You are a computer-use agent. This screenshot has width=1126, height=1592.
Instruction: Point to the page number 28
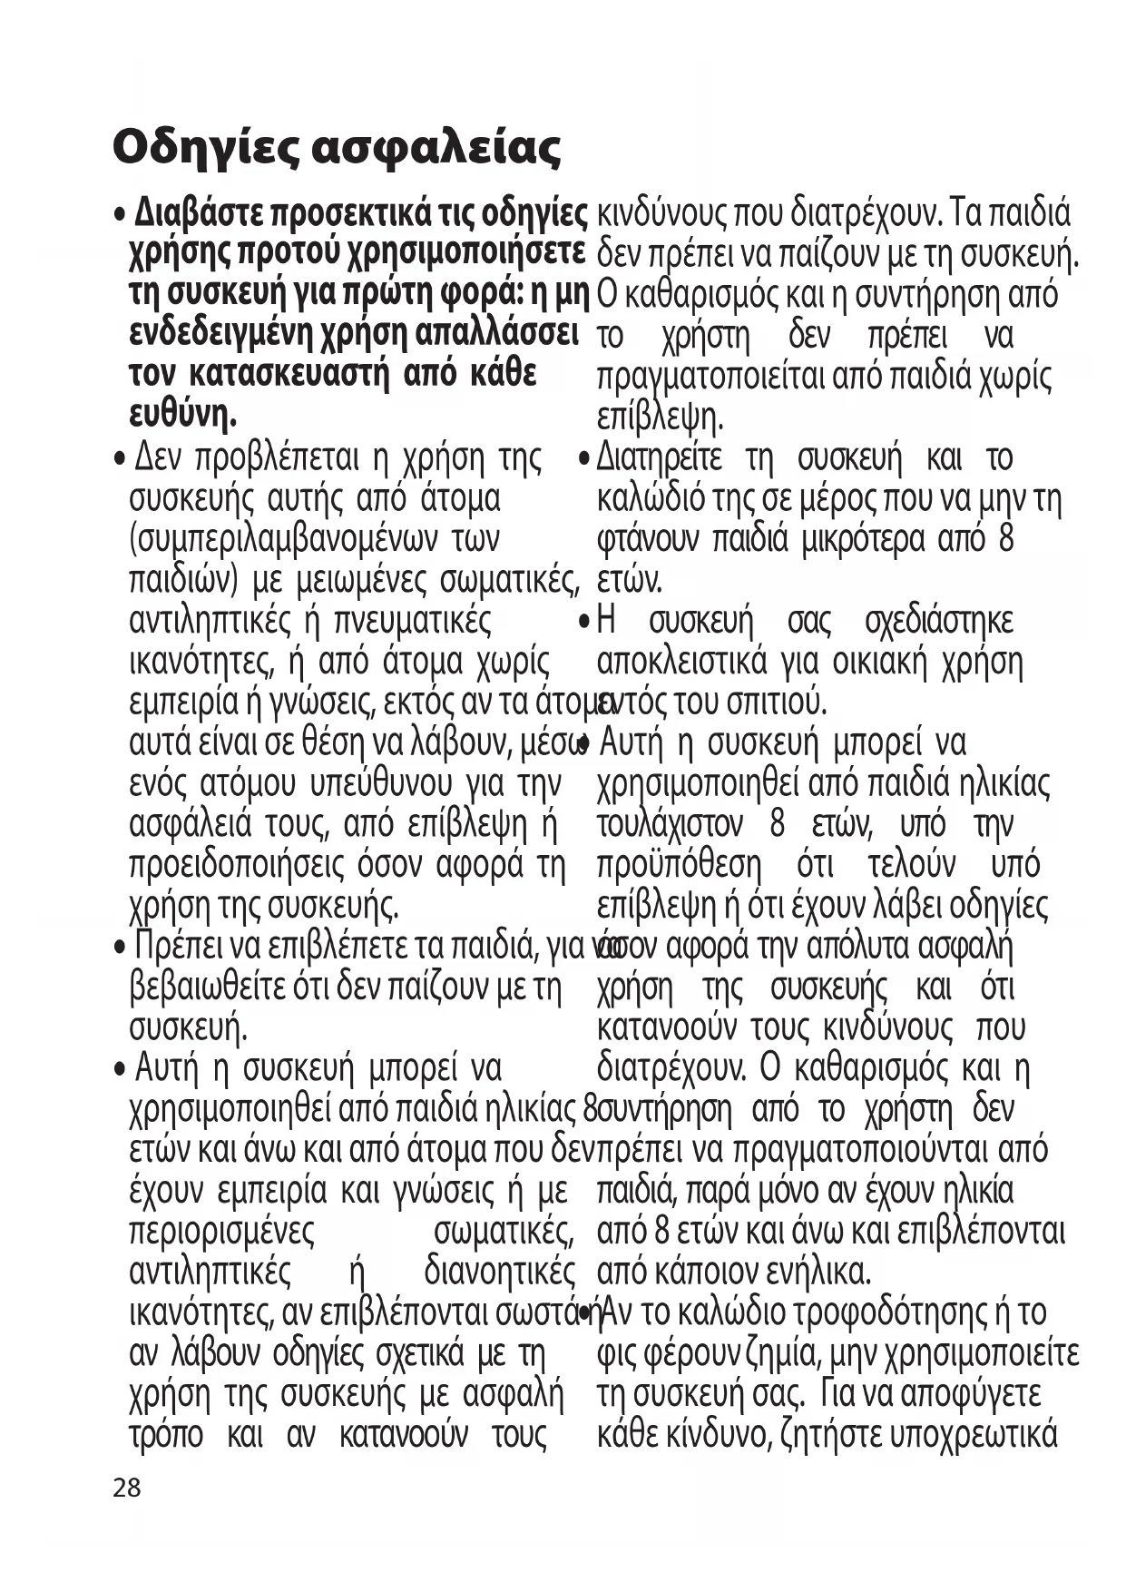(x=127, y=1488)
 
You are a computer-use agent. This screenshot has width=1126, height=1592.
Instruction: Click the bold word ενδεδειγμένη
(x=222, y=333)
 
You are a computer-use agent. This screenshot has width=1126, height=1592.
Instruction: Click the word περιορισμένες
(x=222, y=1232)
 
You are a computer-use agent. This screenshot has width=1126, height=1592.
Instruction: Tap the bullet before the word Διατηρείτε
(x=585, y=459)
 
